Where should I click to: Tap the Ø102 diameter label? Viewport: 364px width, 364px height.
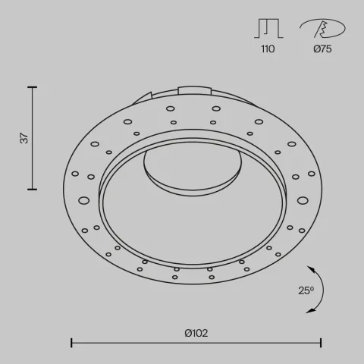[196, 332]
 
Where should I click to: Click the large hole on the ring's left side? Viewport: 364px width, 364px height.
[83, 200]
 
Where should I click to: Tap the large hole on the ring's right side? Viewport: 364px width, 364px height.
[303, 200]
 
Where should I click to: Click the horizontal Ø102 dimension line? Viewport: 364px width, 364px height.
[196, 344]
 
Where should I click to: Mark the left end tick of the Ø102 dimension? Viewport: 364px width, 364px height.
[71, 344]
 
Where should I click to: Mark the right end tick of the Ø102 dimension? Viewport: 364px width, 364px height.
[320, 344]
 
